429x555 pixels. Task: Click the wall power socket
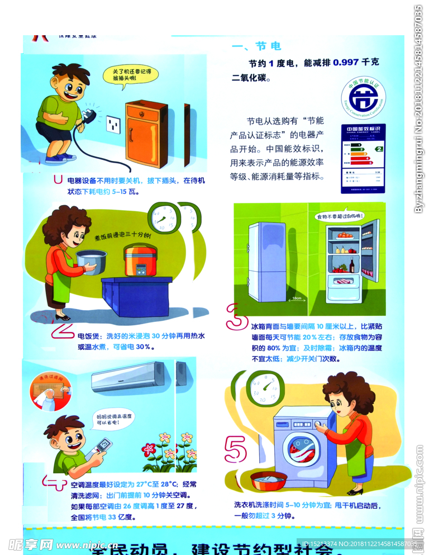coord(113,124)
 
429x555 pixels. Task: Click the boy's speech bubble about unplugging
coord(128,75)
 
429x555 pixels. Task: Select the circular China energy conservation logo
coord(363,98)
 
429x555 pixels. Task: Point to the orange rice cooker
coord(140,260)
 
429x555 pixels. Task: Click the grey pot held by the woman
coord(91,262)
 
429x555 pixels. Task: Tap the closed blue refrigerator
coord(267,262)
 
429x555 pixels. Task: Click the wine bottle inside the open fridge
coord(352,265)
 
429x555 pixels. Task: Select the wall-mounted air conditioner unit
coord(128,376)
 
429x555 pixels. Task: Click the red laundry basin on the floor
coord(269,480)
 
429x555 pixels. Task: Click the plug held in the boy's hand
coord(88,116)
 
